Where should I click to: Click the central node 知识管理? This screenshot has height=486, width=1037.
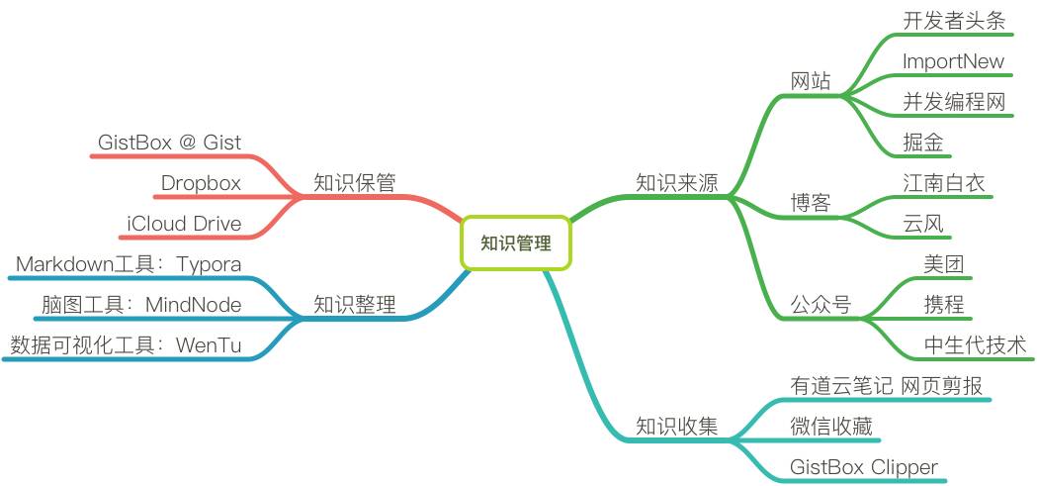[516, 243]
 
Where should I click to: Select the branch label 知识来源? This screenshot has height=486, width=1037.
[676, 183]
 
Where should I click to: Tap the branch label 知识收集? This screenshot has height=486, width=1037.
[676, 427]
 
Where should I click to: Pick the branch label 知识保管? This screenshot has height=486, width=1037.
[355, 183]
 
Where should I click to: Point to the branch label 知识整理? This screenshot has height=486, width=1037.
[355, 305]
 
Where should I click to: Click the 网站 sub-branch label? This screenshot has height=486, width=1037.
[811, 81]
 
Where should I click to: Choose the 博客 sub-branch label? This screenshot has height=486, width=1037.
[811, 203]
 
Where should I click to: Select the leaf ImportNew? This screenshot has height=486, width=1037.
[953, 61]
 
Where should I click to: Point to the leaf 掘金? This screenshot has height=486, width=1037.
[923, 143]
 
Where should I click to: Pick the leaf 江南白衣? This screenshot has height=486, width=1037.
[944, 183]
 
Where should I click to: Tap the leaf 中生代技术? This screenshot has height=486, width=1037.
[975, 345]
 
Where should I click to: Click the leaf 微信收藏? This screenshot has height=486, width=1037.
[830, 427]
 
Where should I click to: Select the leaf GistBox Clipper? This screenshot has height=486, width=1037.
[863, 467]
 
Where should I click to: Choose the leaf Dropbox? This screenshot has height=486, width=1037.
[201, 183]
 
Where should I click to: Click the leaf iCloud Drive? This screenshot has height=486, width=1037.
[184, 224]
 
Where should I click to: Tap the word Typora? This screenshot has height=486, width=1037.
[209, 264]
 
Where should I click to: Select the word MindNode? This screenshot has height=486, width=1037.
[194, 305]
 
